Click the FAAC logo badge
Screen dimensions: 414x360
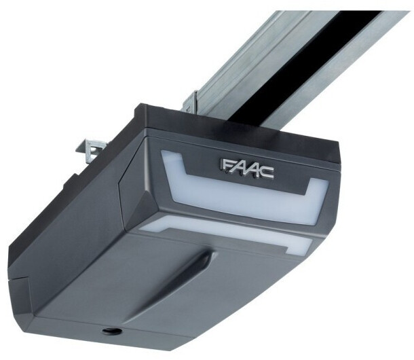pos(246,168)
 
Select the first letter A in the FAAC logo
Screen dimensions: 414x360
pos(236,166)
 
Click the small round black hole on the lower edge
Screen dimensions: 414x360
pos(112,331)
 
